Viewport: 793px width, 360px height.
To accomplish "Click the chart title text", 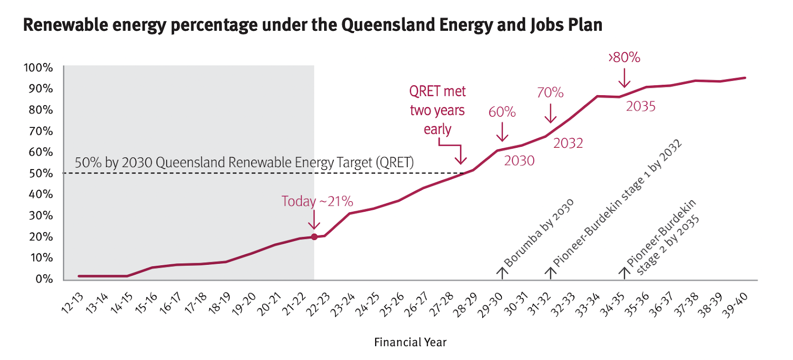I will pos(312,25).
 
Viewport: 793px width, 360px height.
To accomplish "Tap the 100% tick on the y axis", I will pos(38,67).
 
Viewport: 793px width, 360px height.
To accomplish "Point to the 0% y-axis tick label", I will pos(44,279).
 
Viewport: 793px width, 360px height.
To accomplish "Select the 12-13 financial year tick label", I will pos(72,303).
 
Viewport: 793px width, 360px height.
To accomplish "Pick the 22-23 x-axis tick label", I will pos(318,304).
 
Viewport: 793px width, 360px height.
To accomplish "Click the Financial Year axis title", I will pos(410,342).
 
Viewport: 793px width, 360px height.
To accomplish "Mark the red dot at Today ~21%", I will pos(314,237).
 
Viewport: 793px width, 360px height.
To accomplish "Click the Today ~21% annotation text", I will pos(317,201).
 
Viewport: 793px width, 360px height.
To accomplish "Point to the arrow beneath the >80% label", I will pos(624,78).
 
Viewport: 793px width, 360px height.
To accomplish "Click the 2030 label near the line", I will pos(519,161).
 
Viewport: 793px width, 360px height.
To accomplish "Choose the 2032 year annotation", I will pos(568,143).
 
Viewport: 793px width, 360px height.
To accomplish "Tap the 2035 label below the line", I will pos(640,107).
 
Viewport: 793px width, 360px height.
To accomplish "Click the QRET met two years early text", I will pos(437,110).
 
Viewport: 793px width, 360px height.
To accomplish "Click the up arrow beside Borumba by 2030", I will pos(502,273).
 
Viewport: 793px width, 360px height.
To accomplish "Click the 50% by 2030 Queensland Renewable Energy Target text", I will pos(244,163).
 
